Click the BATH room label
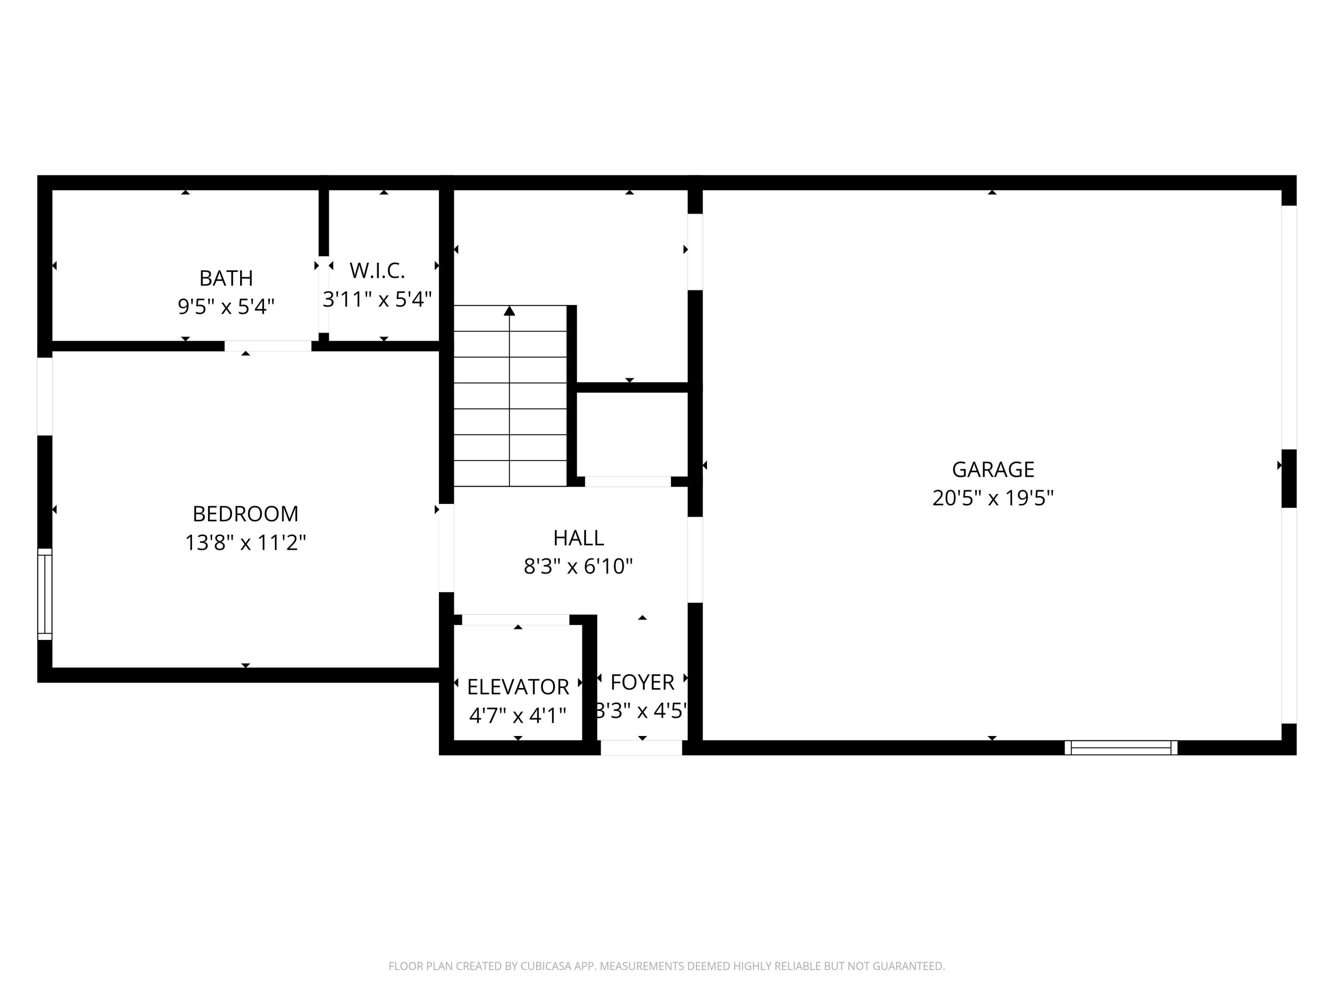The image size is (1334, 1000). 226,278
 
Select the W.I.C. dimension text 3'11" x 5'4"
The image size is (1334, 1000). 378,299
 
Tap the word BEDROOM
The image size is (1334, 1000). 245,514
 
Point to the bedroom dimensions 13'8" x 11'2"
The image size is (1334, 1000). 245,543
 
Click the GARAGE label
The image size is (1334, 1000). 992,469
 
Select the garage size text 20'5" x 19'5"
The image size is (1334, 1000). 992,498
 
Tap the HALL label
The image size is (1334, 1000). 579,537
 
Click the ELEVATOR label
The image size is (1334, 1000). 518,687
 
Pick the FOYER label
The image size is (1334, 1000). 642,682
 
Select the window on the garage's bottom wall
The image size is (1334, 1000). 1121,748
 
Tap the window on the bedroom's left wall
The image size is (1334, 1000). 44,594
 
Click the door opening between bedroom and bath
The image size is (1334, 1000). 268,346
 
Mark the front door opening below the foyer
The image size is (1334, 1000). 641,748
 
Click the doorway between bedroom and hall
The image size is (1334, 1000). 446,548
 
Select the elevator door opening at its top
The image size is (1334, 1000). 516,620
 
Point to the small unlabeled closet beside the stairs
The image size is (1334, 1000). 631,433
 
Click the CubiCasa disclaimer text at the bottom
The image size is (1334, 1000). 667,966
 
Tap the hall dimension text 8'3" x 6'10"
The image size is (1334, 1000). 579,566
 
